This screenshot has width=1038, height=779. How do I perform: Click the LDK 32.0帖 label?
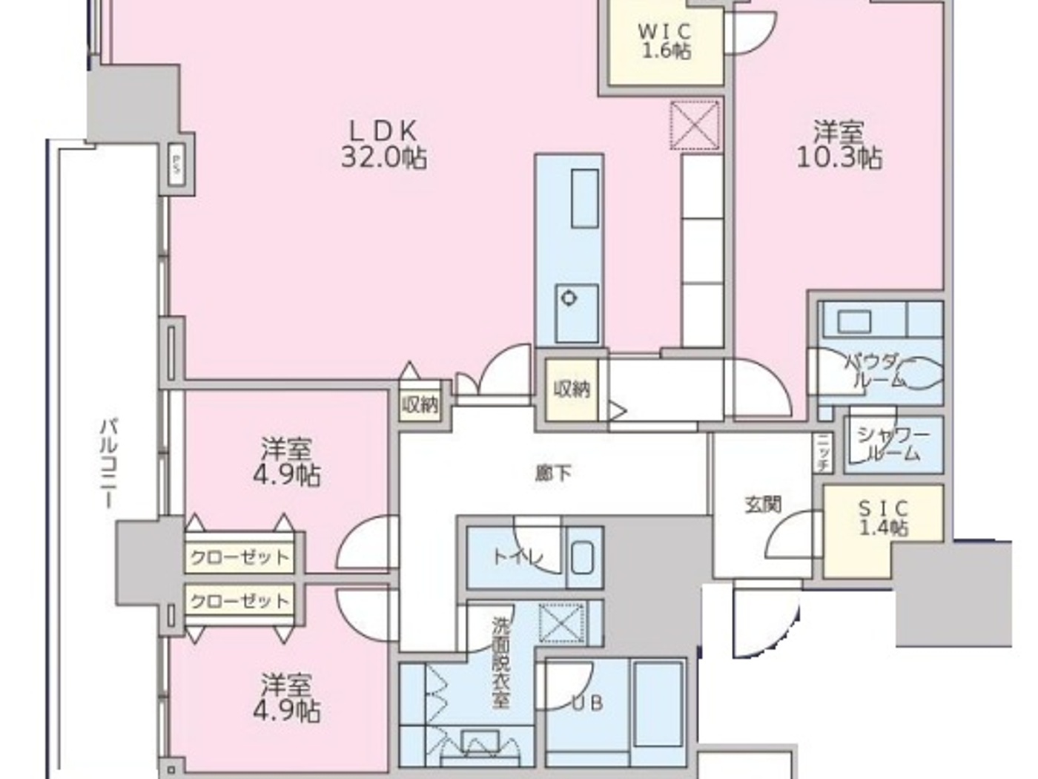point(383,145)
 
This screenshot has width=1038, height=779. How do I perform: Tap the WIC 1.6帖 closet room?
point(665,43)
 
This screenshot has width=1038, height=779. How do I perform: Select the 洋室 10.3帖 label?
point(839,145)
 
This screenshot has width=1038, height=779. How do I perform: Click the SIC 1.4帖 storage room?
point(882,519)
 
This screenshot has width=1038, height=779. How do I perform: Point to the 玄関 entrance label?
point(762,504)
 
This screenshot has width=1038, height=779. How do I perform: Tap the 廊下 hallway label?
point(553,473)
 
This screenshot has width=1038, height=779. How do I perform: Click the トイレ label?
point(518,556)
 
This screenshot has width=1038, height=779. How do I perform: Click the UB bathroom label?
point(586,703)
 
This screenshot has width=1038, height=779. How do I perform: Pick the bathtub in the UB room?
point(657,705)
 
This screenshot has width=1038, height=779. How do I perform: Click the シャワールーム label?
point(893,444)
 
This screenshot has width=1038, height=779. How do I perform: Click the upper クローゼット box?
point(239,556)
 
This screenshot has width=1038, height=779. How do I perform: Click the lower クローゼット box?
point(239,600)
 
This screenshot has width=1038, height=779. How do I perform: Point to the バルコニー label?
point(108,464)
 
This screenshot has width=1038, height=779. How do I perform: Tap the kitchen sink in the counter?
point(584,199)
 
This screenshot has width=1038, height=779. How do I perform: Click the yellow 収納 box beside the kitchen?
point(571,389)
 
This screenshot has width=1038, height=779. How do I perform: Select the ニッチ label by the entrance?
point(823,453)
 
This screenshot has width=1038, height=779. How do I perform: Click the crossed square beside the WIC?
point(695,125)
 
